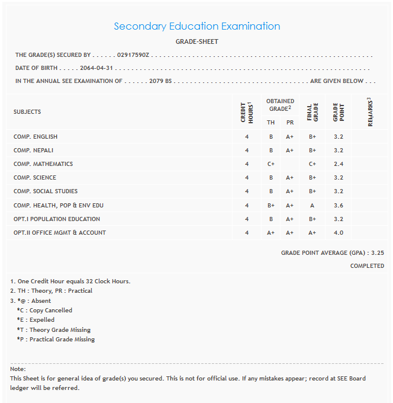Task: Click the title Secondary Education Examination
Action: click(x=196, y=26)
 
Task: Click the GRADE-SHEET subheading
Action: click(x=196, y=41)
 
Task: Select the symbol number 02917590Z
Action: click(x=134, y=55)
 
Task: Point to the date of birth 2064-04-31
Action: click(x=96, y=68)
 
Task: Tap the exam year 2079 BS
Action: click(x=160, y=81)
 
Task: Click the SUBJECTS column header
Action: click(x=27, y=112)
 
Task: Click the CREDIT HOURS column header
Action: click(x=247, y=112)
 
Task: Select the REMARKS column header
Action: click(x=369, y=112)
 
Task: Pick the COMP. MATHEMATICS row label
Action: click(x=43, y=164)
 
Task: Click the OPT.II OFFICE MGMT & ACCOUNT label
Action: click(x=60, y=233)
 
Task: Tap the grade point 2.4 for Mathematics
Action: click(x=339, y=164)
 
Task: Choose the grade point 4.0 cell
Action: click(x=339, y=233)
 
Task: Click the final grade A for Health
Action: click(x=313, y=205)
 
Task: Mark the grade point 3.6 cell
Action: click(x=339, y=205)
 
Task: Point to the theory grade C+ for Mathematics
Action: click(x=271, y=164)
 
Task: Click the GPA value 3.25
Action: click(x=378, y=252)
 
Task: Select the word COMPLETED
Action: click(x=367, y=266)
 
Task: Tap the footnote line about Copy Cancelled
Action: click(x=45, y=310)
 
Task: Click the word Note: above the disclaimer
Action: click(x=18, y=369)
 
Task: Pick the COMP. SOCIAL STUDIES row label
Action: click(x=46, y=191)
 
